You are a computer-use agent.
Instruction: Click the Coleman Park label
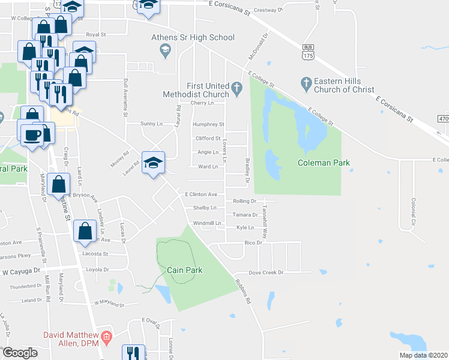pos(324,163)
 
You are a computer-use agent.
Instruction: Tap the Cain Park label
pos(185,270)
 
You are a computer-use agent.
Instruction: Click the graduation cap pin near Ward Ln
pos(153,163)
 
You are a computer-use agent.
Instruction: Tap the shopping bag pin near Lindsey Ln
pos(85,230)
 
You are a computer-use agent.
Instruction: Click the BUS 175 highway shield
pos(308,50)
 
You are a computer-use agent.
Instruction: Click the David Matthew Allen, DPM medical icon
pos(106,335)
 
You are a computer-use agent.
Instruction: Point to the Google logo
pos(20,353)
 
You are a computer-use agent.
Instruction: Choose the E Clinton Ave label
pos(200,194)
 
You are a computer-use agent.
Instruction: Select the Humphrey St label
pos(208,125)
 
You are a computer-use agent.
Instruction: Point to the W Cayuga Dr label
pos(23,271)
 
